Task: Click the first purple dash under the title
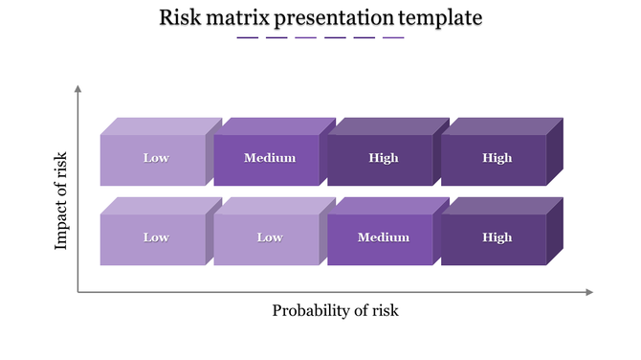[x=247, y=38]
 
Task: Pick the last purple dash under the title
[x=393, y=38]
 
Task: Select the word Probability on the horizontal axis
[x=313, y=310]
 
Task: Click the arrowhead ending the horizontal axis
[x=589, y=292]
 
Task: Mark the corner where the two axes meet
[x=78, y=292]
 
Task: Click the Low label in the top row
[x=156, y=158]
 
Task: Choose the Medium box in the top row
[x=269, y=158]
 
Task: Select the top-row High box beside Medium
[x=383, y=158]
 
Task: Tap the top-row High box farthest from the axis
[x=497, y=158]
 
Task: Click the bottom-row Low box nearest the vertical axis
[x=156, y=237]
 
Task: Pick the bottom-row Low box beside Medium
[x=269, y=237]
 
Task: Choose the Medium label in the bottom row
[x=383, y=237]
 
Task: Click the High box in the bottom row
[x=497, y=237]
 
